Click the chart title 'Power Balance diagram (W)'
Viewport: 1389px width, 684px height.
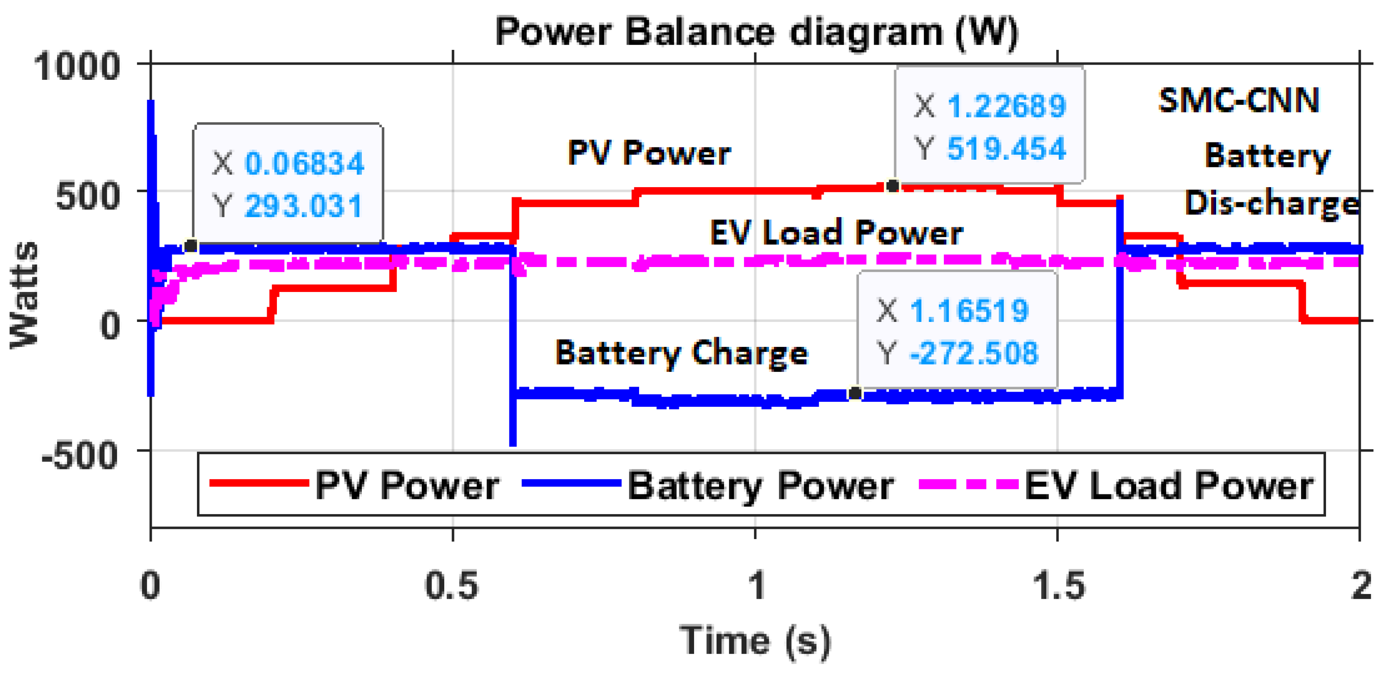tap(757, 33)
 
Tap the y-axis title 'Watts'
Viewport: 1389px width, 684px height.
tap(24, 296)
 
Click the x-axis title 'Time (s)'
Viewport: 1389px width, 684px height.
tap(755, 641)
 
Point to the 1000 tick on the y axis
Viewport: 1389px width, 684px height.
tap(77, 67)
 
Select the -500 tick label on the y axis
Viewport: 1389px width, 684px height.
tap(80, 455)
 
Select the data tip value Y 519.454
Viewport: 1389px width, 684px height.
tap(1006, 148)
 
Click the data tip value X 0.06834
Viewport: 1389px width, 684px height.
tap(305, 164)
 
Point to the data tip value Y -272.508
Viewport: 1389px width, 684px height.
tap(973, 353)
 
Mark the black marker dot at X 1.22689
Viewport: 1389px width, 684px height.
tap(892, 186)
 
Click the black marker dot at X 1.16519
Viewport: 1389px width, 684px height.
tap(855, 393)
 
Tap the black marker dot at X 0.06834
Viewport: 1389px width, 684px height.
tap(190, 246)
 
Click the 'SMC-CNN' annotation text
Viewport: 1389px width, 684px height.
tap(1239, 101)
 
